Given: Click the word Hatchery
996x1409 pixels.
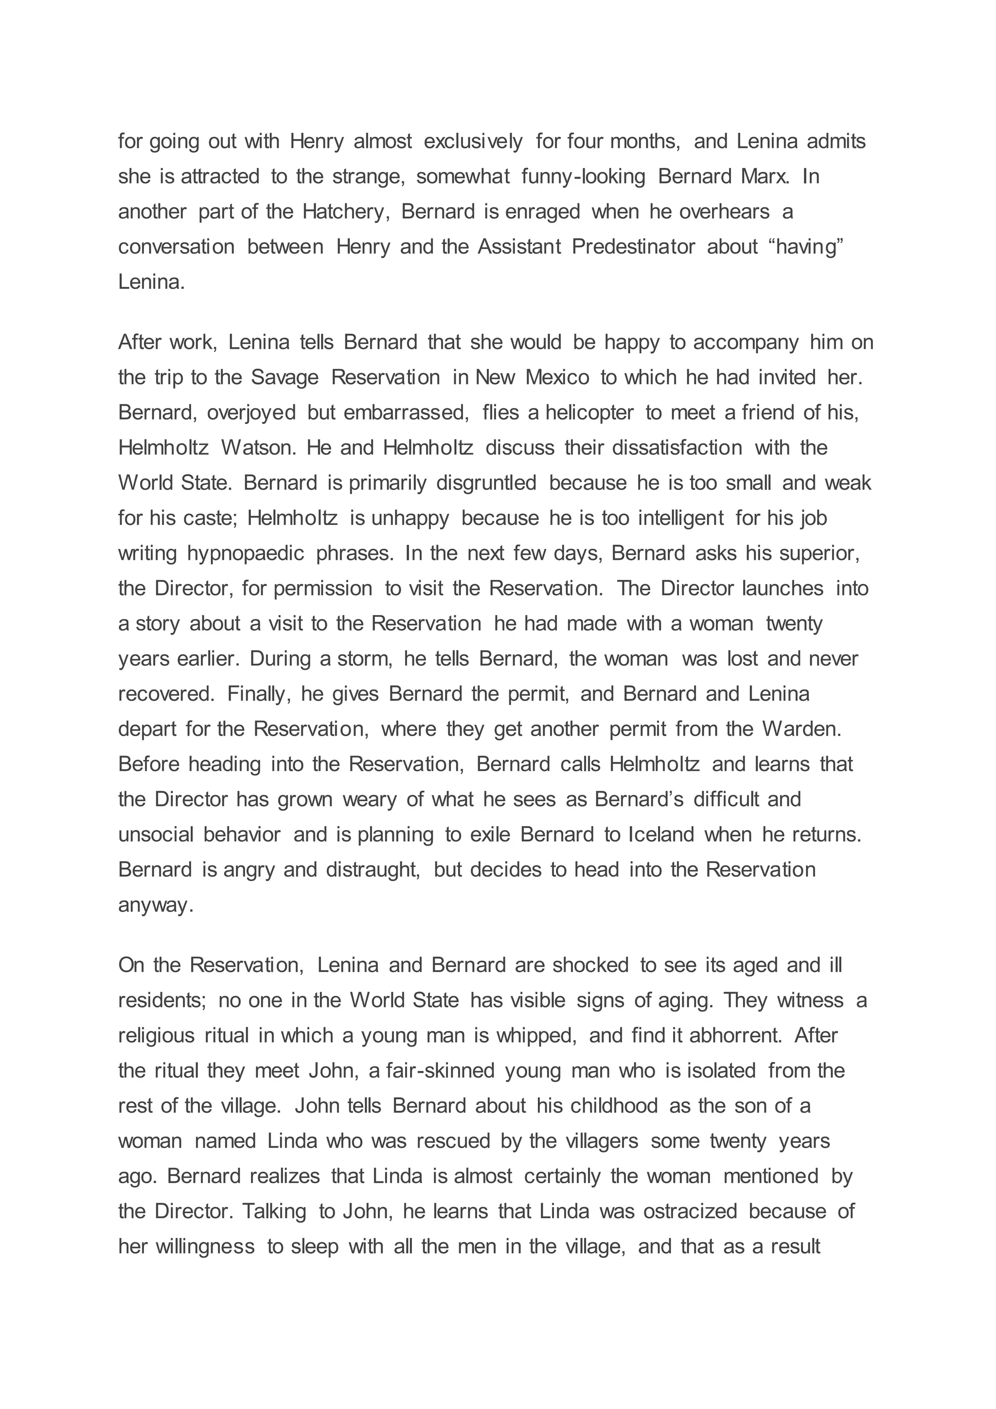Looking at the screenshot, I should point(345,212).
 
